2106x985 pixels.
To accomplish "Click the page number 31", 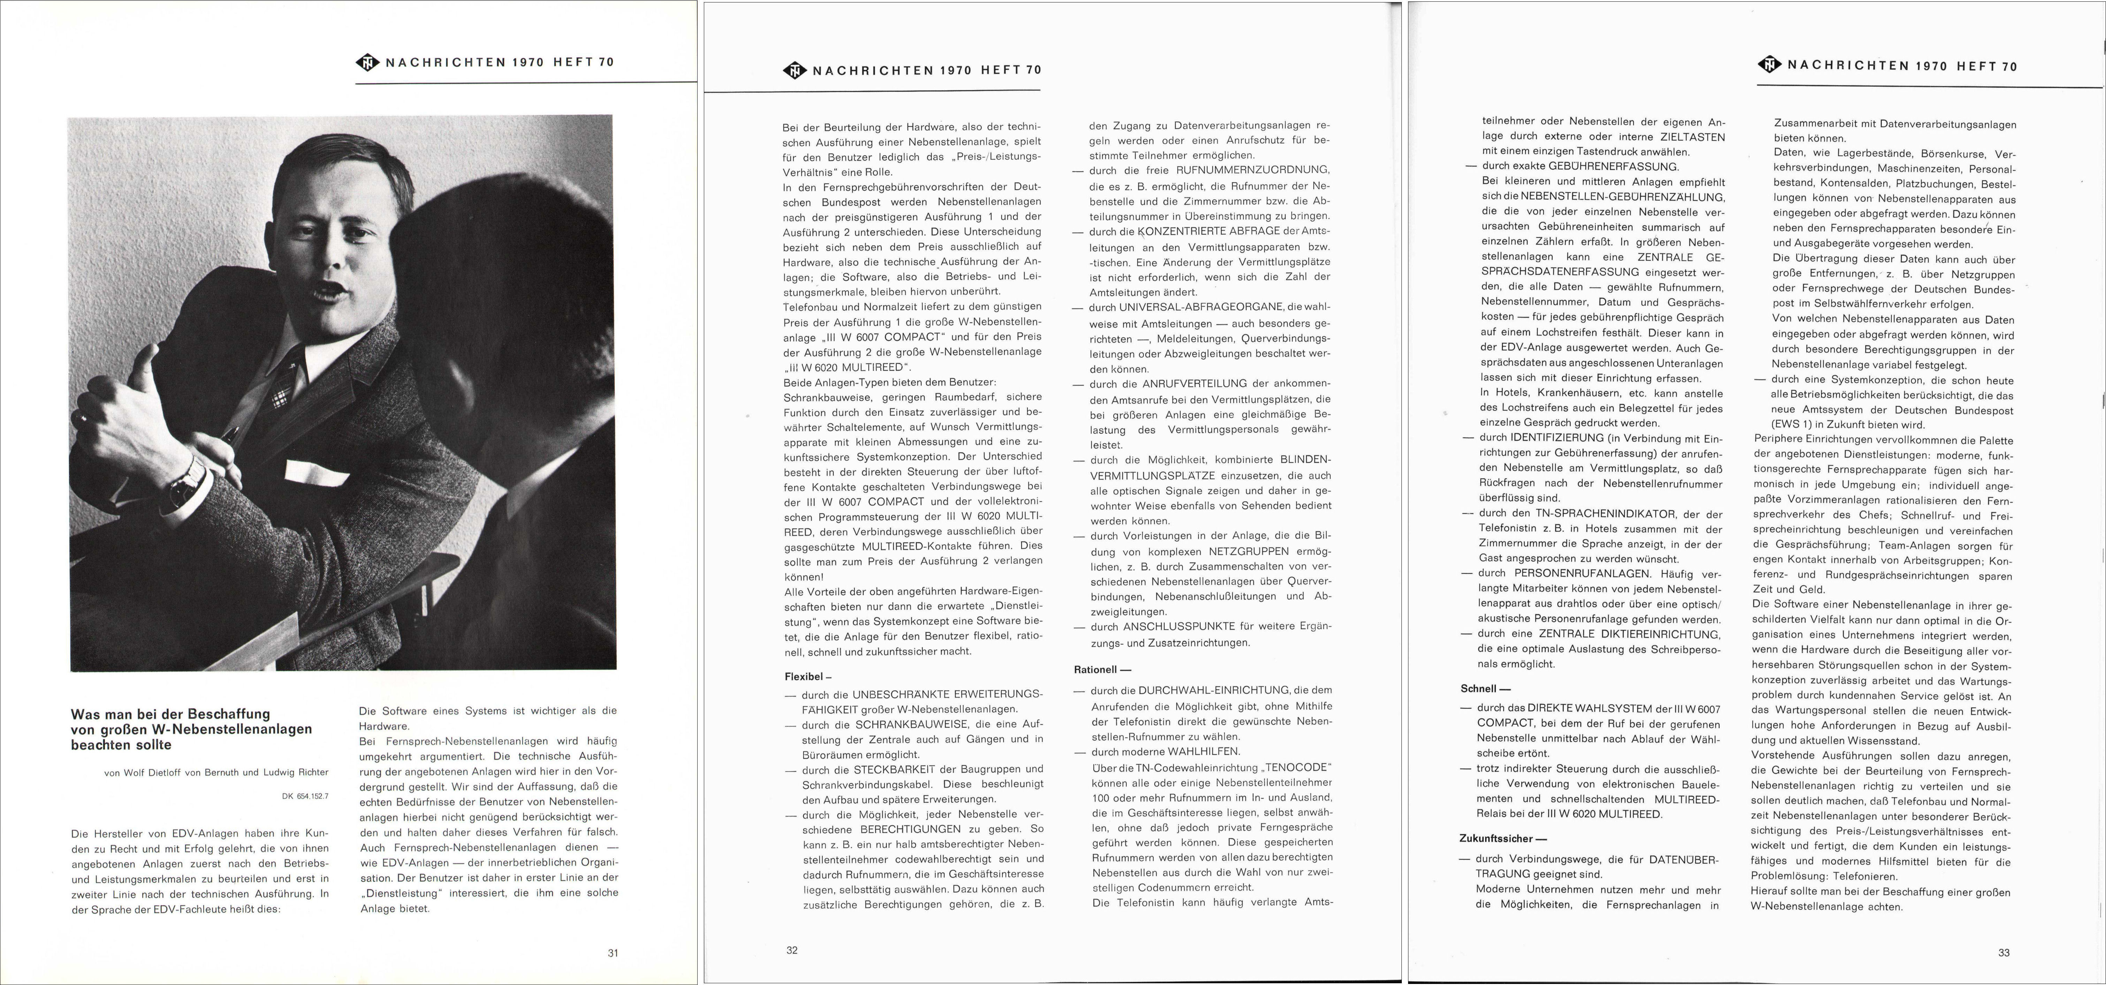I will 613,952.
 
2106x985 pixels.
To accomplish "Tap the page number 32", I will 791,950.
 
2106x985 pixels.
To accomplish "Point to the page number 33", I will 2003,952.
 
